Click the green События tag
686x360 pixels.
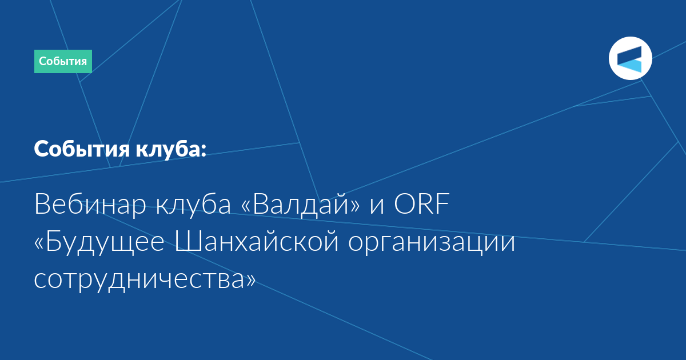point(63,61)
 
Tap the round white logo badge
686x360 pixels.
point(630,58)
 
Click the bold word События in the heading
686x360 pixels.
point(82,149)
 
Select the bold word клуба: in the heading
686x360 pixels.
point(171,149)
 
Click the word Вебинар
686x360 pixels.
point(90,205)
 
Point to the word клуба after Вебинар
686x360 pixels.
point(193,205)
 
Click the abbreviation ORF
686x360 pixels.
point(422,203)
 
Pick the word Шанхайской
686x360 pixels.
point(257,241)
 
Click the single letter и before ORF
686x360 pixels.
point(377,206)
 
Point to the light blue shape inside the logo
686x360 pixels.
point(632,66)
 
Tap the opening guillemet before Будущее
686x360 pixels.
point(39,243)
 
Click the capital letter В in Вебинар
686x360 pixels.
point(42,204)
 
